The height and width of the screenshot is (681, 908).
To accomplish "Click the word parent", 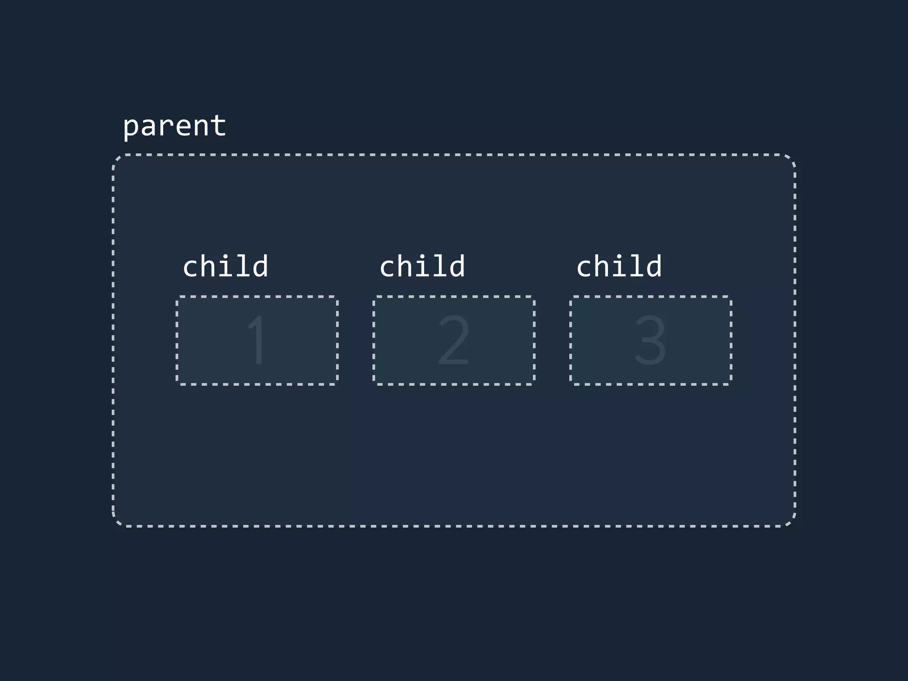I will [x=174, y=126].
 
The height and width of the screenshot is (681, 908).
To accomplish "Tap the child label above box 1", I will [x=225, y=266].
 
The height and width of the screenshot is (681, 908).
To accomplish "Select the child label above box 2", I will [x=422, y=266].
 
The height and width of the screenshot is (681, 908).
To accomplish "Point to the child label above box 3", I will [x=619, y=266].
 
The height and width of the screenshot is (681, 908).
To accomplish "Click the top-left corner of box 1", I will [x=177, y=297].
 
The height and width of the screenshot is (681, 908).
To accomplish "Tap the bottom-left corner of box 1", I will [x=177, y=384].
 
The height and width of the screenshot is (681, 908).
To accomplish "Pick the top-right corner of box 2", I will [x=534, y=297].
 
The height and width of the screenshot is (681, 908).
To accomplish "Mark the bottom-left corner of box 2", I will [x=374, y=384].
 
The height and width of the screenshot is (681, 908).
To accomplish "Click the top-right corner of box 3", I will [x=731, y=297].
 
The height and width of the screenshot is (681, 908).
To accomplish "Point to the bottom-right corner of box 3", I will [x=731, y=384].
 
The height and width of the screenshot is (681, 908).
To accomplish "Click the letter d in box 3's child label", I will [x=654, y=266].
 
